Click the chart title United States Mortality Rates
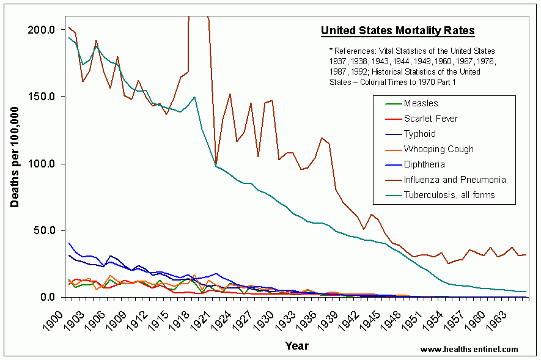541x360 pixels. [x=397, y=31]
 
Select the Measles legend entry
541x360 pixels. [x=421, y=103]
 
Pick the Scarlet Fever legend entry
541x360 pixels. [x=430, y=119]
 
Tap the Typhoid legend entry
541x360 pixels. [x=420, y=134]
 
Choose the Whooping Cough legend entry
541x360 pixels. [x=438, y=149]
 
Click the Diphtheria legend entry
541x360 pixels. [x=424, y=164]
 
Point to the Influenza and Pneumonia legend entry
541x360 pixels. [x=455, y=180]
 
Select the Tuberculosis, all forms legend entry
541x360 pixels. [x=449, y=195]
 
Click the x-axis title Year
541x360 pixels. [x=296, y=346]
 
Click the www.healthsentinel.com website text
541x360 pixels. [x=469, y=350]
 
